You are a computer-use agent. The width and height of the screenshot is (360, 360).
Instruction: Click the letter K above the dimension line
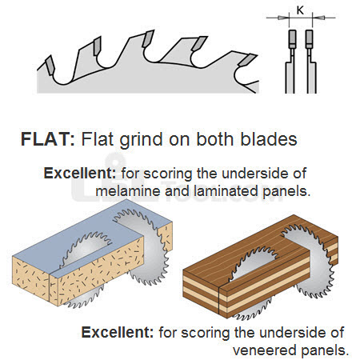pyautogui.click(x=300, y=10)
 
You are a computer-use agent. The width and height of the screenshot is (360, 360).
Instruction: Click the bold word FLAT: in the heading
pyautogui.click(x=48, y=139)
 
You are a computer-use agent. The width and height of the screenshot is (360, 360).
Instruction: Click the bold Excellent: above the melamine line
pyautogui.click(x=80, y=173)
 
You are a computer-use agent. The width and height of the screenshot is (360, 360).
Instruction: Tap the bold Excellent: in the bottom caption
pyautogui.click(x=118, y=332)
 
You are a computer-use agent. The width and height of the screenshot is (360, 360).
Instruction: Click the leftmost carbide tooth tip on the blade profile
pyautogui.click(x=50, y=65)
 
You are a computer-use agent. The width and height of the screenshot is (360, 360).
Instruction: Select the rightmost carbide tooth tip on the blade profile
pyautogui.click(x=248, y=60)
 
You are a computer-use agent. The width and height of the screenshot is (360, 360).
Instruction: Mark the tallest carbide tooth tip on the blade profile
pyautogui.click(x=148, y=38)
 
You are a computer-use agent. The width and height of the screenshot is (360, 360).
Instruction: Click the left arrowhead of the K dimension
pyautogui.click(x=283, y=18)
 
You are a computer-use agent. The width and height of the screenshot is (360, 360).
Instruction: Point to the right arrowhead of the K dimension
pyautogui.click(x=318, y=18)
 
